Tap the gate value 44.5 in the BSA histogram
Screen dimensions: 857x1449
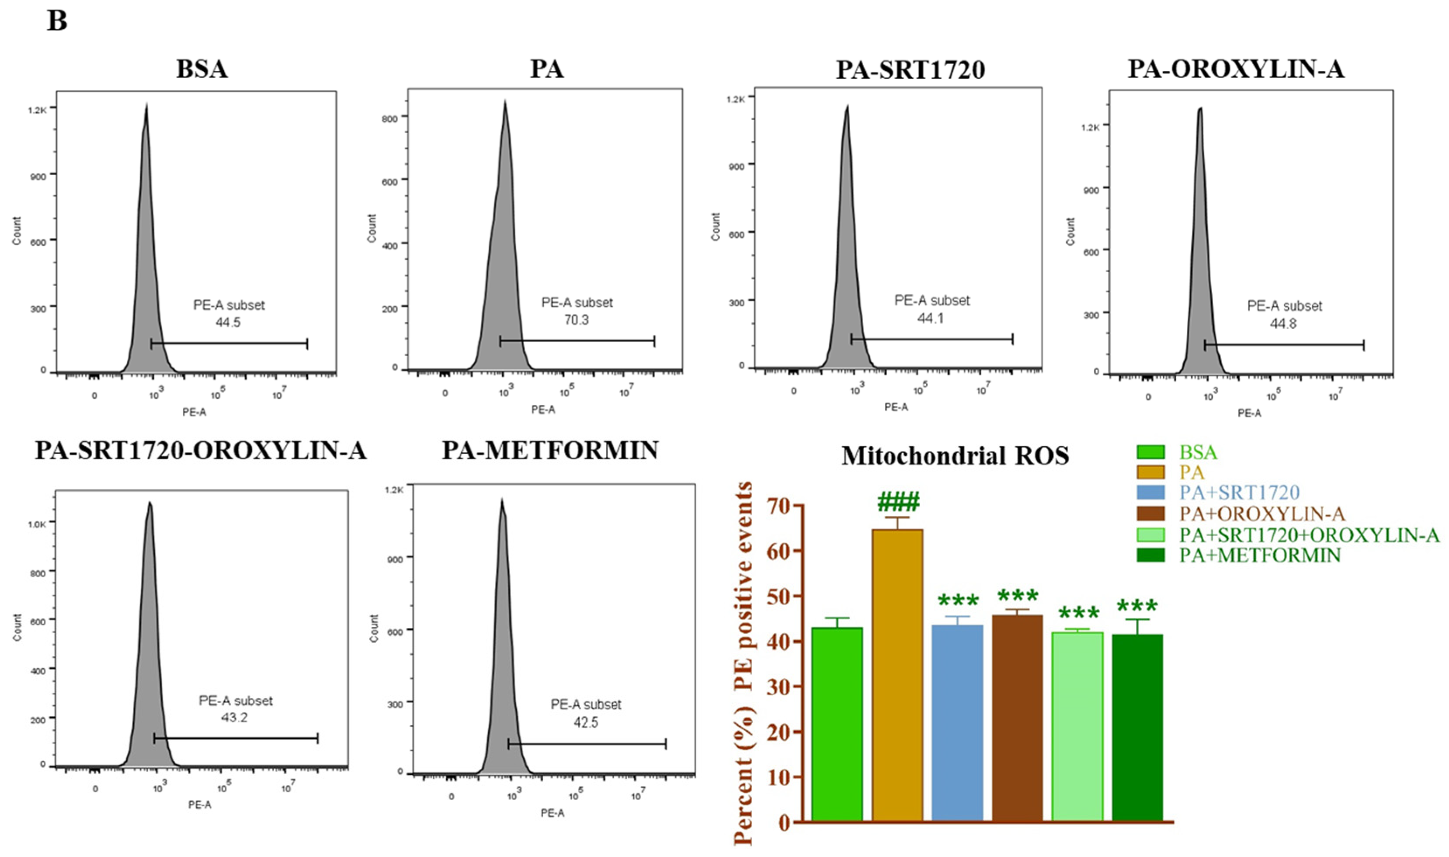[x=228, y=322]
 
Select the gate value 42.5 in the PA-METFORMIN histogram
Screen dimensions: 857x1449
[x=586, y=722]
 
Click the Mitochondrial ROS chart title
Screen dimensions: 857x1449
[x=955, y=456]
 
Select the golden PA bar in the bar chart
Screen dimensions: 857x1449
[x=897, y=676]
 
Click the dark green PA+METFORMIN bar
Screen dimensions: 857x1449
[x=1137, y=728]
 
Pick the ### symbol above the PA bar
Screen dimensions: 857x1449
[x=898, y=503]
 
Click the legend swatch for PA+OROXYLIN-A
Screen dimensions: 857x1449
[x=1150, y=514]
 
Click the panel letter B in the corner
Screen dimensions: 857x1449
[x=56, y=21]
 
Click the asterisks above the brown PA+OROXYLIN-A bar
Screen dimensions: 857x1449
[x=1018, y=595]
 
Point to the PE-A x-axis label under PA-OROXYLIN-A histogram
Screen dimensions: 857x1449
[x=1249, y=413]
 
